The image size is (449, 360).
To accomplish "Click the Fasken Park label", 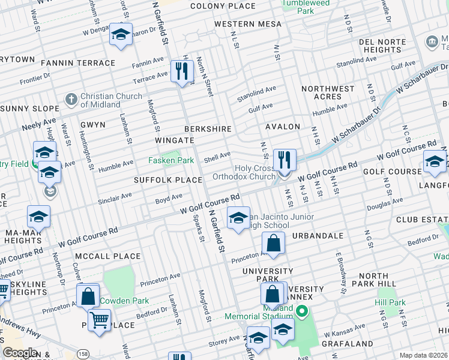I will pyautogui.click(x=171, y=161).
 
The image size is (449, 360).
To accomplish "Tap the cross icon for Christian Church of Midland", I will pyautogui.click(x=71, y=98).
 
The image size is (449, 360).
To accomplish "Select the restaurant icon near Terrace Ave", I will pyautogui.click(x=181, y=71).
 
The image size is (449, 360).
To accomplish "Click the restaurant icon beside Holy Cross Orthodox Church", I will pyautogui.click(x=285, y=160).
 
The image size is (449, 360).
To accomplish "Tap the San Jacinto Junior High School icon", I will pyautogui.click(x=238, y=217).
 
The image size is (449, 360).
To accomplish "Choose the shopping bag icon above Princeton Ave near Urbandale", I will pyautogui.click(x=273, y=244).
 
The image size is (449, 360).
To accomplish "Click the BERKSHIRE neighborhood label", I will pyautogui.click(x=208, y=129).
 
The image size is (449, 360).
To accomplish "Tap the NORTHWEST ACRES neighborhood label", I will pyautogui.click(x=328, y=92).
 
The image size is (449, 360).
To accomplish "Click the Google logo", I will pyautogui.click(x=20, y=352).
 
